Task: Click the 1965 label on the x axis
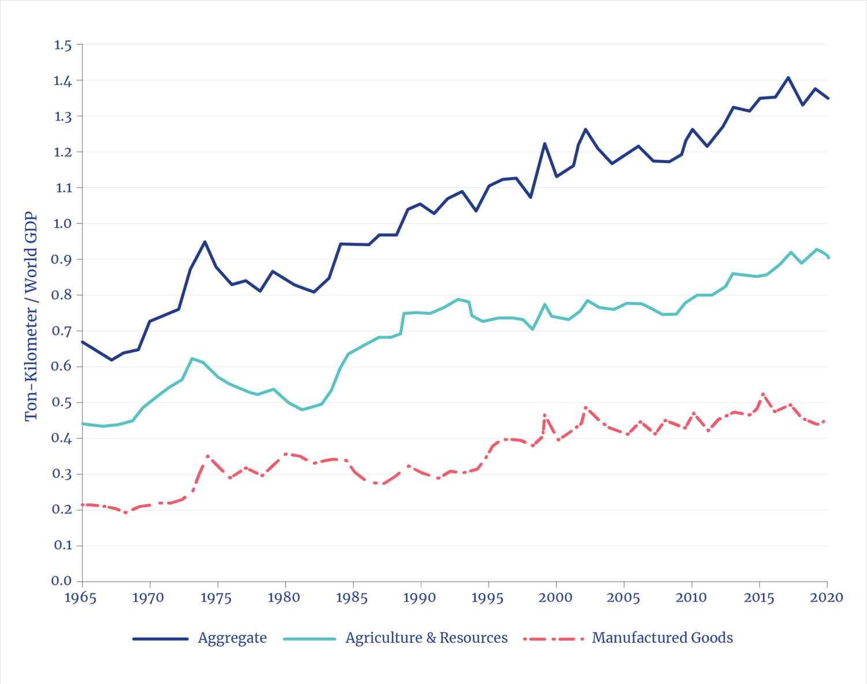pyautogui.click(x=80, y=597)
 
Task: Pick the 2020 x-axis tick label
pyautogui.click(x=827, y=597)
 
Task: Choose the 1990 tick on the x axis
pyautogui.click(x=420, y=597)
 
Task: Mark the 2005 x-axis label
pyautogui.click(x=623, y=597)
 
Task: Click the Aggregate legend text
pyautogui.click(x=232, y=638)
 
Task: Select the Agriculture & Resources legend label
pyautogui.click(x=427, y=638)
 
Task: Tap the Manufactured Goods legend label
pyautogui.click(x=662, y=638)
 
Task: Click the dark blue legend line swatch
pyautogui.click(x=161, y=639)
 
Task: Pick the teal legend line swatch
pyautogui.click(x=310, y=639)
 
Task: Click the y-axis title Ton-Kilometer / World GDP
pyautogui.click(x=31, y=317)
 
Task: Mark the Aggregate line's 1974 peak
pyautogui.click(x=204, y=241)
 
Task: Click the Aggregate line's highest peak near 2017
pyautogui.click(x=788, y=77)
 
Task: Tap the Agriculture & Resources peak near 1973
pyautogui.click(x=192, y=359)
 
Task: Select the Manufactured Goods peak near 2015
pyautogui.click(x=763, y=394)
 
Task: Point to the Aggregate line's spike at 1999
pyautogui.click(x=544, y=143)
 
